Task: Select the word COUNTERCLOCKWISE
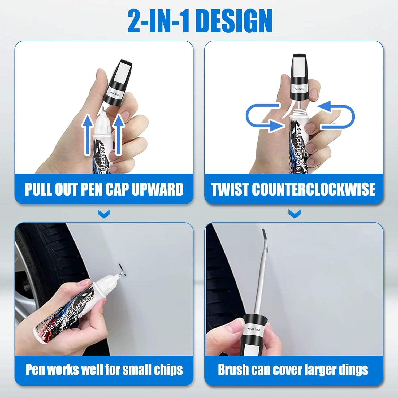pyautogui.click(x=313, y=189)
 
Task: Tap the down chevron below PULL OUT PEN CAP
pyautogui.click(x=104, y=214)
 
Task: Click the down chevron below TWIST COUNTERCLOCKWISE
pyautogui.click(x=295, y=214)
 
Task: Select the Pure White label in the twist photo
pyautogui.click(x=300, y=89)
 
